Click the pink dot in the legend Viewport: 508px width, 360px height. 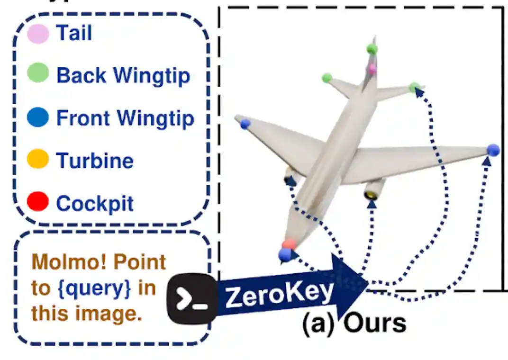tap(38, 34)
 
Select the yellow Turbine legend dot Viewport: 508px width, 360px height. tap(38, 159)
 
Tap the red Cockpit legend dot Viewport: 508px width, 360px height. tap(38, 201)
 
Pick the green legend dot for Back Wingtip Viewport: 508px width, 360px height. tap(38, 73)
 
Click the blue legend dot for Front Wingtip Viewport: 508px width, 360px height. tap(38, 117)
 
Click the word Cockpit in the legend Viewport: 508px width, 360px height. tap(95, 204)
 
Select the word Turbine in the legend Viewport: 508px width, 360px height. tap(95, 161)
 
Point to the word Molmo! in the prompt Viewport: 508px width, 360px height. tap(60, 262)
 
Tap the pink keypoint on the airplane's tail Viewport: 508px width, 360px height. tap(372, 69)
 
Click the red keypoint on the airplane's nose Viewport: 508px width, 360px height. tap(288, 244)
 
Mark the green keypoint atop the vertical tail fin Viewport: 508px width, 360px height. tap(372, 48)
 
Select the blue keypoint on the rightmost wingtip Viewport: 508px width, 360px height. tap(493, 150)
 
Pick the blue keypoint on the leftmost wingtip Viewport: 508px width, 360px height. tap(245, 124)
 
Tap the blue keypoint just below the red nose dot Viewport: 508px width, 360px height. tap(285, 255)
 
